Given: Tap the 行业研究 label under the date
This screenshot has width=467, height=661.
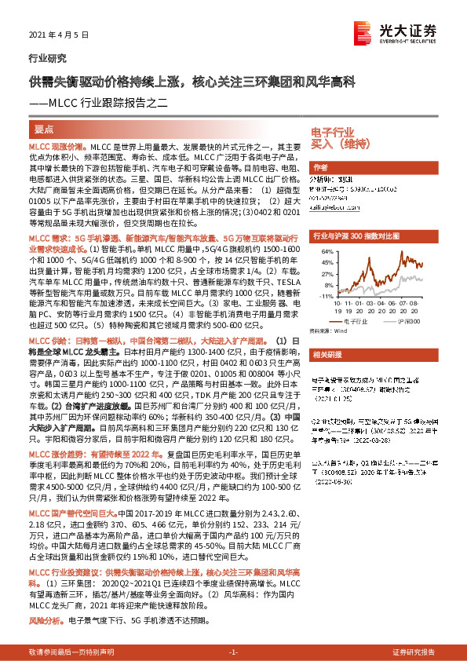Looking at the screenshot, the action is [x=47, y=58].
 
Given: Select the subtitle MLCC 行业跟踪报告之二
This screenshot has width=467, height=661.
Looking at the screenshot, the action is [x=110, y=100].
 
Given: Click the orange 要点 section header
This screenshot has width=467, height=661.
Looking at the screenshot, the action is [x=45, y=128].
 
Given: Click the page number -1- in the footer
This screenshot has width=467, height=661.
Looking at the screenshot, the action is [x=233, y=652].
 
